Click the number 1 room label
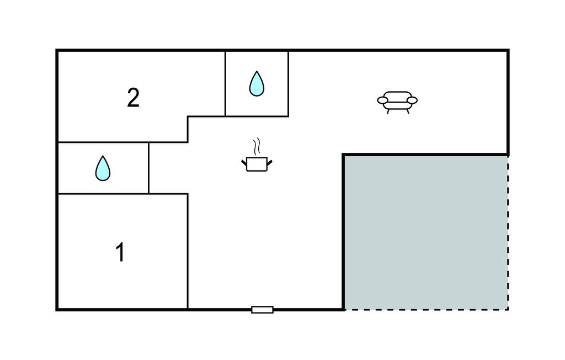point(120,252)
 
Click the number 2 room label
point(133,98)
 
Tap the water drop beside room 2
point(257,83)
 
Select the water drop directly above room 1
point(103,168)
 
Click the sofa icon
point(397,102)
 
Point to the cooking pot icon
point(257,163)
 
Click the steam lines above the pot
point(257,147)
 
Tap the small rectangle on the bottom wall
point(262,310)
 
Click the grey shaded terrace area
point(425,232)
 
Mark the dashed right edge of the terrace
point(508,232)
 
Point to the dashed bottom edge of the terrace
point(425,309)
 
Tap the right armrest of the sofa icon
point(412,100)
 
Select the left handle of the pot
point(244,162)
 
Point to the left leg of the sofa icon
point(388,110)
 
